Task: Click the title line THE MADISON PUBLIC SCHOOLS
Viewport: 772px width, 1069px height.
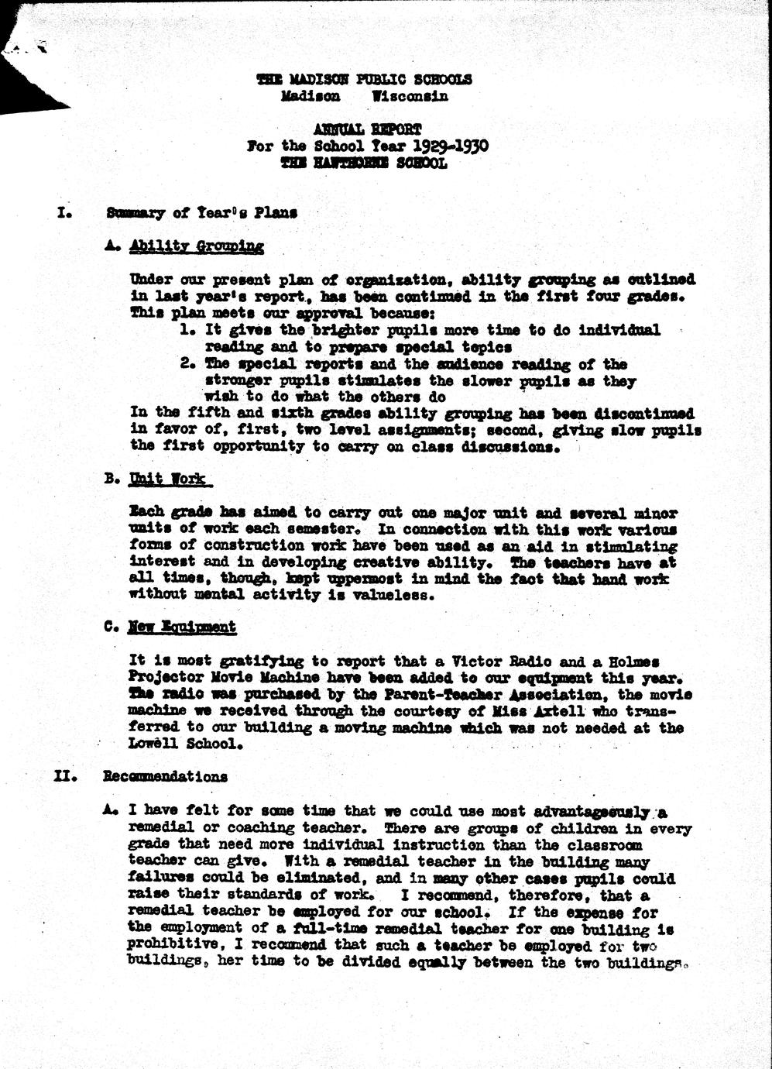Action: (363, 79)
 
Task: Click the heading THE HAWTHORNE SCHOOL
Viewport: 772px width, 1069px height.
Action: (363, 163)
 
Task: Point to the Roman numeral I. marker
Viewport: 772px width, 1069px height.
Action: (64, 211)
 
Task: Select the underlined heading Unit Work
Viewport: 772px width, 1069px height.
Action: (169, 479)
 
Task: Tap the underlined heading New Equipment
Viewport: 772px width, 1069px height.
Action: (182, 627)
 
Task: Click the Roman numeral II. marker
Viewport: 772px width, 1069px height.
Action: (65, 775)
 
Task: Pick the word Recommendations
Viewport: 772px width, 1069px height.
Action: (165, 776)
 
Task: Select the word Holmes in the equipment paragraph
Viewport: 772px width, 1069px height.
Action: (632, 662)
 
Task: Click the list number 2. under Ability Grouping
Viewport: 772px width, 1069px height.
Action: (187, 363)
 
